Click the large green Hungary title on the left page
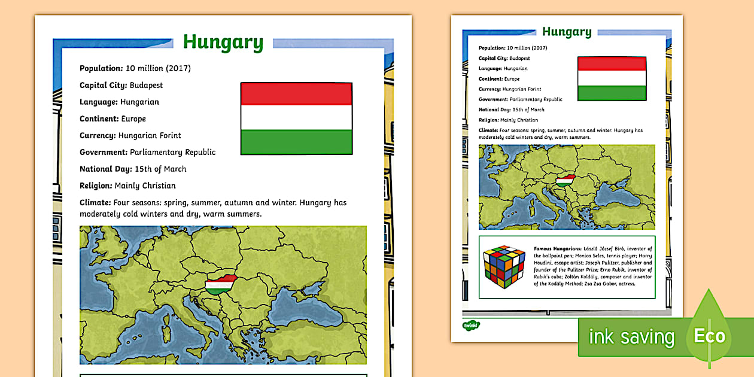pos(223,42)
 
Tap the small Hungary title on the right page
pos(566,32)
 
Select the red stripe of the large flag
pos(296,95)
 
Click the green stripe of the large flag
pos(296,142)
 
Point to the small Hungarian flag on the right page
pos(612,78)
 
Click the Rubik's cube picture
pos(504,267)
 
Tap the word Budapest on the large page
pos(146,85)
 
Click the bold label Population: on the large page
pos(101,68)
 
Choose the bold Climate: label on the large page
pos(96,202)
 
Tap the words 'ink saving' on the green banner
pos(631,338)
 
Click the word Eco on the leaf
pos(709,336)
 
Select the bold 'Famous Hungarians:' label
pos(557,248)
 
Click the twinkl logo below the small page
pos(471,325)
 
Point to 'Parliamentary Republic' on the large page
pos(173,152)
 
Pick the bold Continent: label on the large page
pos(99,118)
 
